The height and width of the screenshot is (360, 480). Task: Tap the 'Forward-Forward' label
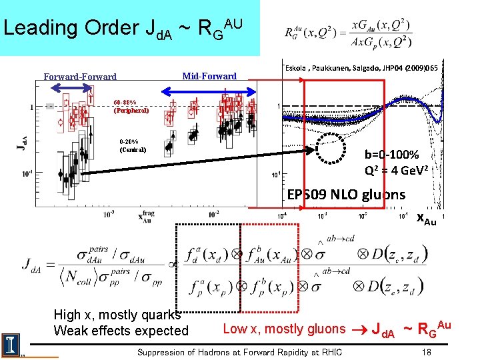(x=80, y=77)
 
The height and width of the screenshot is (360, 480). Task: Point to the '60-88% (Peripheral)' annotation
(x=130, y=107)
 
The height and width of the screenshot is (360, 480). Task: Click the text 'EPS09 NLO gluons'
(x=345, y=195)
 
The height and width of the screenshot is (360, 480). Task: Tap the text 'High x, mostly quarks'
(x=116, y=315)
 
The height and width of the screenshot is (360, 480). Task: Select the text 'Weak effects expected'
(x=121, y=331)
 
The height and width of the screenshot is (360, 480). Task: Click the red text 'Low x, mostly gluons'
(x=284, y=328)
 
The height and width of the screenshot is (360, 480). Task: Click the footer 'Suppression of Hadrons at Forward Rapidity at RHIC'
(x=239, y=352)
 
